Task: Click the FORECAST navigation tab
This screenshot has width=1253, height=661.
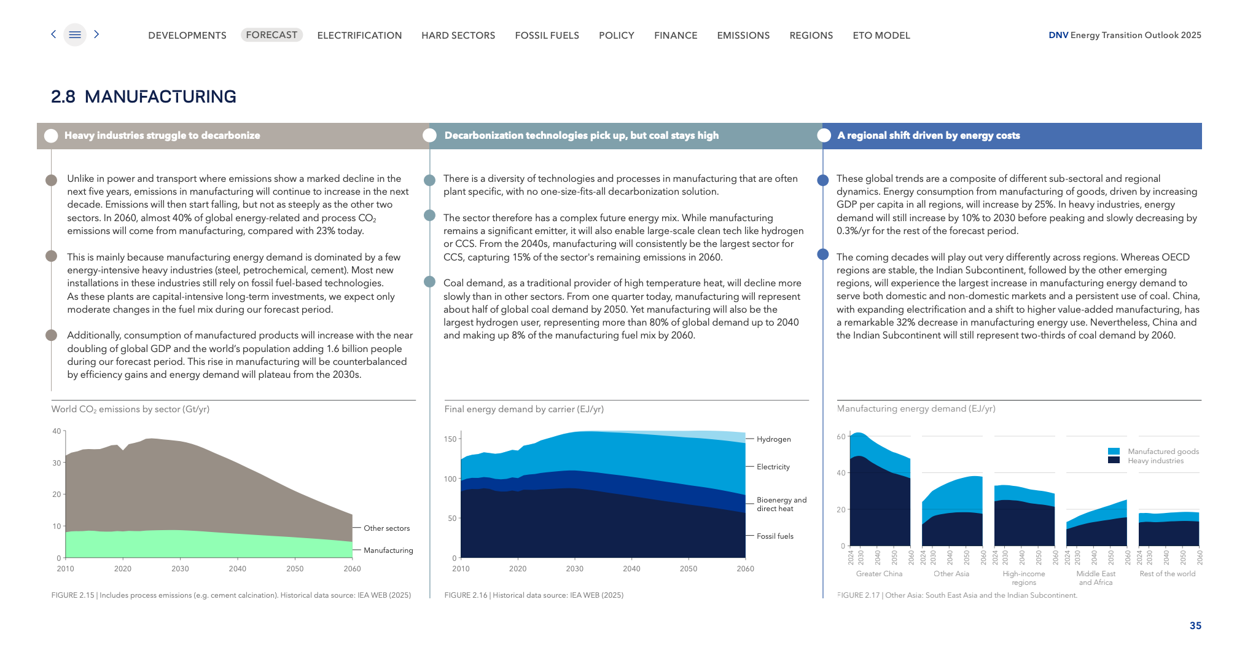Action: pos(271,35)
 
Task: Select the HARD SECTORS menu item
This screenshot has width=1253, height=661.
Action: pos(458,36)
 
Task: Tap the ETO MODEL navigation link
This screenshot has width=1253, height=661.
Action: pos(881,36)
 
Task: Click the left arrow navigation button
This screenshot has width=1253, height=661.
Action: pos(53,34)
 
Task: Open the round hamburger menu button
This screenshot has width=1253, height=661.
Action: pos(75,35)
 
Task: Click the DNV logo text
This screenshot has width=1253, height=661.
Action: pos(1058,35)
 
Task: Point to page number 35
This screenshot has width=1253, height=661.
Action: pos(1195,625)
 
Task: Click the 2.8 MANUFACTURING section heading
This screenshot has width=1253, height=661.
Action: pos(144,96)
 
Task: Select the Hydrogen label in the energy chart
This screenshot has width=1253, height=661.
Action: pos(773,439)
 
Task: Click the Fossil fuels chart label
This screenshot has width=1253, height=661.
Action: pos(775,536)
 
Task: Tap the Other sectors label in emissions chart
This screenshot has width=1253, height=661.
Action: pos(386,528)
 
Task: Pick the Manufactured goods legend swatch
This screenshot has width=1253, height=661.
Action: pos(1114,452)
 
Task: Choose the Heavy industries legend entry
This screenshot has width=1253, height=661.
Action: pos(1155,461)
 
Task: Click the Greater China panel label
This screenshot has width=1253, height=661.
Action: pos(879,574)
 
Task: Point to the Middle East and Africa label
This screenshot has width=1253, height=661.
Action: pos(1096,577)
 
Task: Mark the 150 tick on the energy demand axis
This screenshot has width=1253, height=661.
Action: pos(450,439)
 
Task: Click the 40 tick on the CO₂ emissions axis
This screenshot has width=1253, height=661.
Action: pos(57,431)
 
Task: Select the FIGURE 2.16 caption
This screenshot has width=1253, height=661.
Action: pos(534,595)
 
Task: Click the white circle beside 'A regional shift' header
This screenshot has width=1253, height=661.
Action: pos(824,136)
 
